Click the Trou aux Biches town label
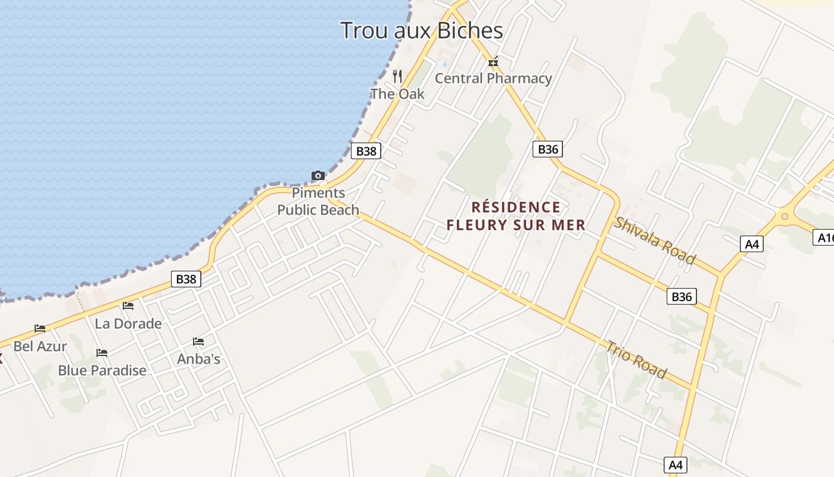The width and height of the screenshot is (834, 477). [422, 30]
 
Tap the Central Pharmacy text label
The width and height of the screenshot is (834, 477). [493, 78]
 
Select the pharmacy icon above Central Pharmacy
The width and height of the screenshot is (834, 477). [493, 61]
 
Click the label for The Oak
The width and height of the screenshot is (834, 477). [397, 94]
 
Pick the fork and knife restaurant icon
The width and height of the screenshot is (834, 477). [397, 76]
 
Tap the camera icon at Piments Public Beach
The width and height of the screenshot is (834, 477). [318, 175]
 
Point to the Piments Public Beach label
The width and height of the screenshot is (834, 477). [318, 202]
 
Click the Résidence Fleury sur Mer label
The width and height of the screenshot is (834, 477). [516, 216]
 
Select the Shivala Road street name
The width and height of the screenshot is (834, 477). [655, 240]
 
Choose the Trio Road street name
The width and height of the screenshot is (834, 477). [636, 359]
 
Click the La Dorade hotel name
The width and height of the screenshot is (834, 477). [128, 324]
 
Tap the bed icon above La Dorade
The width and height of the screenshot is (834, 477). [128, 306]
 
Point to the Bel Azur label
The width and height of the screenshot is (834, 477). [40, 346]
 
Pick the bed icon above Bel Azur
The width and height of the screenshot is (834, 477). [40, 328]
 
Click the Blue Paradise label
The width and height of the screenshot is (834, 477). [102, 370]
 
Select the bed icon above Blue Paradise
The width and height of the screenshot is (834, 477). [102, 352]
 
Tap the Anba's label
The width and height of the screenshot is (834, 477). [198, 359]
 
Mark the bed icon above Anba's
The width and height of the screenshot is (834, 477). [198, 342]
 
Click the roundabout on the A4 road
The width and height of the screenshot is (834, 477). [785, 216]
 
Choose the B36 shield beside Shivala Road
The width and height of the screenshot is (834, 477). [681, 296]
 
